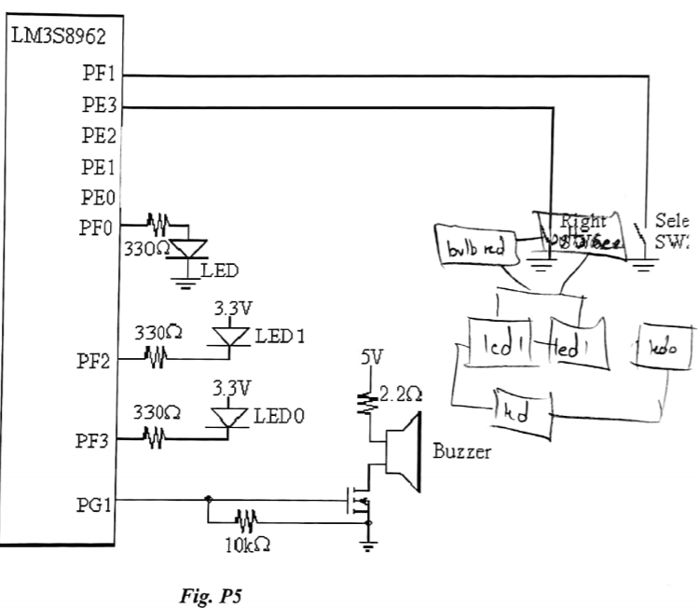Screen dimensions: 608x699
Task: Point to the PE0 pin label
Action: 98,198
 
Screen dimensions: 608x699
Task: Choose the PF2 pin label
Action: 95,361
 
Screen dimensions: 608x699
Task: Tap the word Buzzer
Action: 462,453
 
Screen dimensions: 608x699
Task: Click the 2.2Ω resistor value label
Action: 402,394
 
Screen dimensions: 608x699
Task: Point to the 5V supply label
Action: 372,357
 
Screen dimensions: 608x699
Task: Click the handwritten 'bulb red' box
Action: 473,248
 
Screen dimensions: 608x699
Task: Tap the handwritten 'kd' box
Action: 522,412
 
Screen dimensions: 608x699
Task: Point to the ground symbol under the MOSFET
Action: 370,546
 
